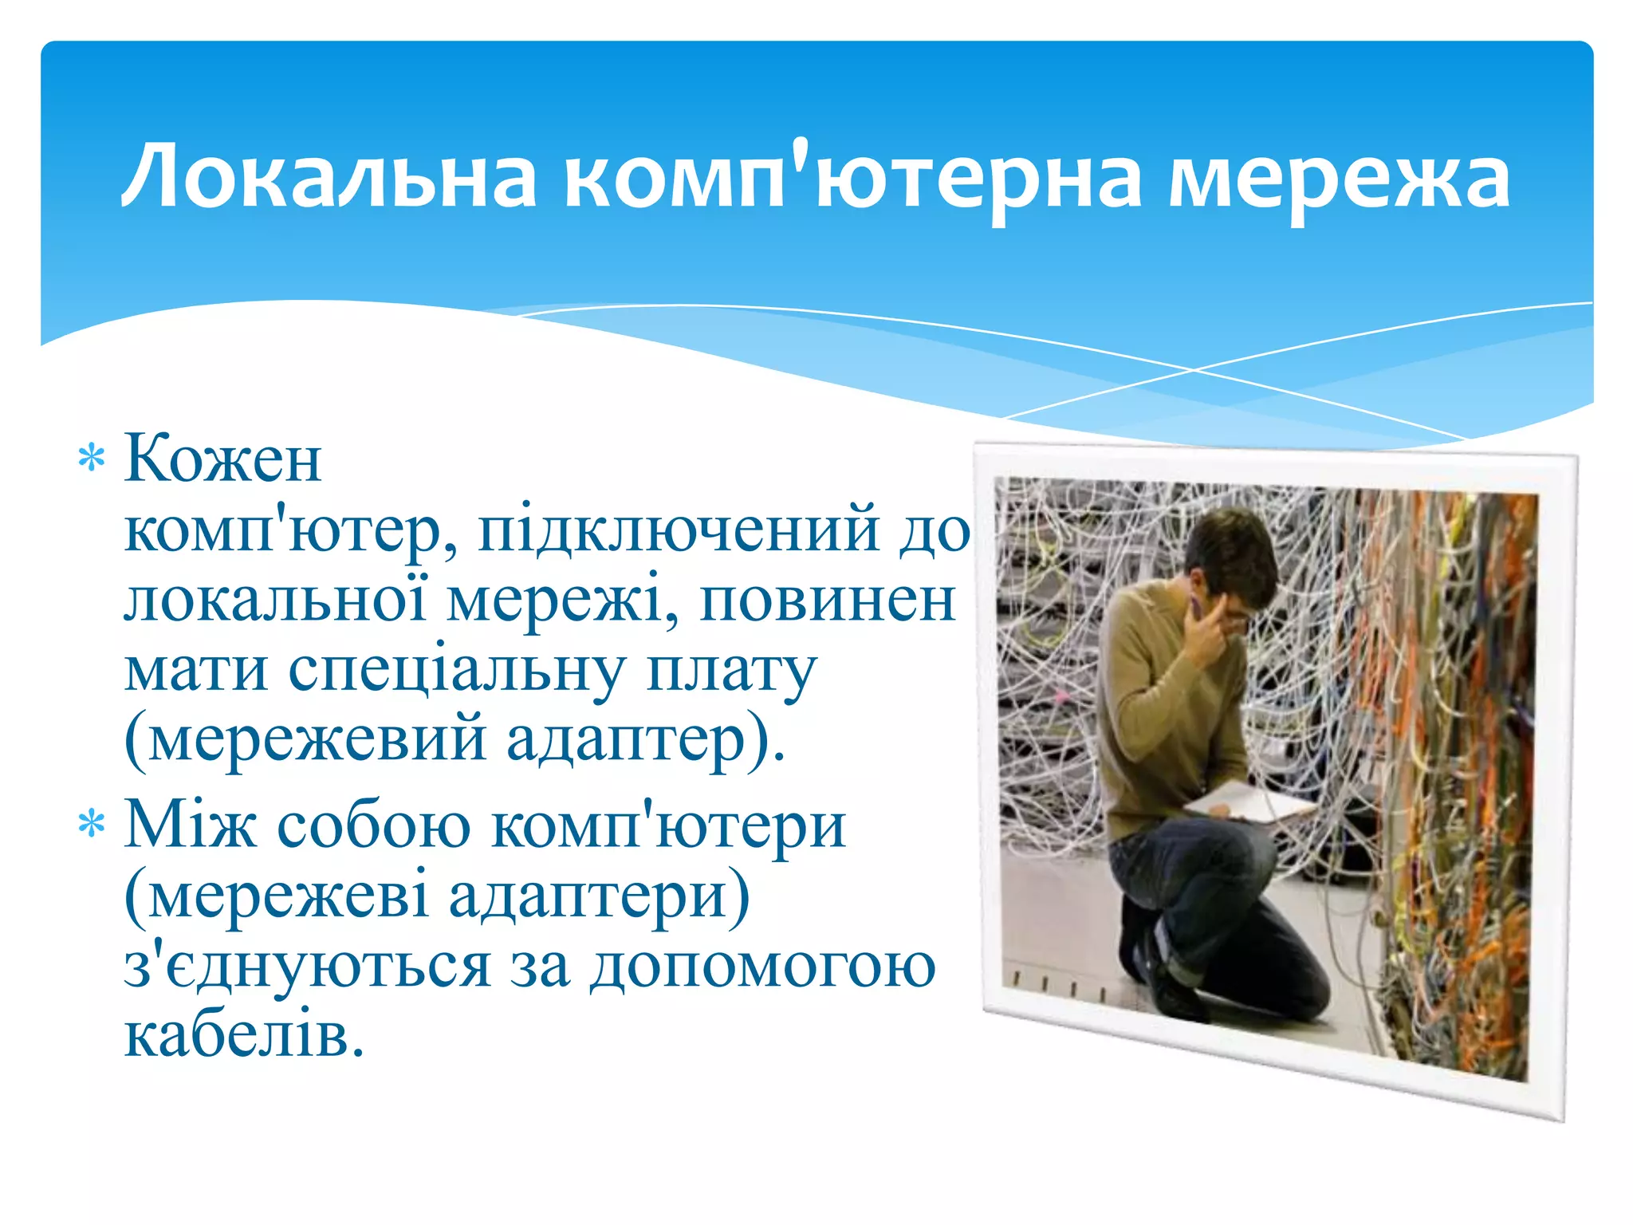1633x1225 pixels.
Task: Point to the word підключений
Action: (x=678, y=531)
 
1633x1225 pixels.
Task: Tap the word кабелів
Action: (x=244, y=1035)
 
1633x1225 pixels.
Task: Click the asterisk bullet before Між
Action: (x=92, y=824)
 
